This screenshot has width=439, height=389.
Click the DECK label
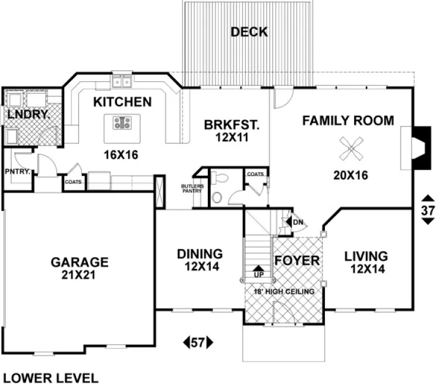pyautogui.click(x=249, y=32)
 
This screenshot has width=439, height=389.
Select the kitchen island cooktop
pyautogui.click(x=122, y=123)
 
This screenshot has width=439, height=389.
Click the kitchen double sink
pyautogui.click(x=122, y=81)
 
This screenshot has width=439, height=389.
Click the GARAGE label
pyautogui.click(x=79, y=261)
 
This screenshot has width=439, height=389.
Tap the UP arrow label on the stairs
pyautogui.click(x=258, y=274)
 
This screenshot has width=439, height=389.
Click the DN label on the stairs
pyautogui.click(x=297, y=222)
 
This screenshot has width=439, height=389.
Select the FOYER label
pyautogui.click(x=297, y=260)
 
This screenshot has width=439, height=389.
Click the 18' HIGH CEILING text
pyautogui.click(x=284, y=291)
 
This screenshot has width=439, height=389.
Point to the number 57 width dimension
pyautogui.click(x=198, y=342)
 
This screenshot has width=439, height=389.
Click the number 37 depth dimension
pyautogui.click(x=428, y=210)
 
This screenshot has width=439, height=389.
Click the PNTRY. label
pyautogui.click(x=18, y=172)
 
